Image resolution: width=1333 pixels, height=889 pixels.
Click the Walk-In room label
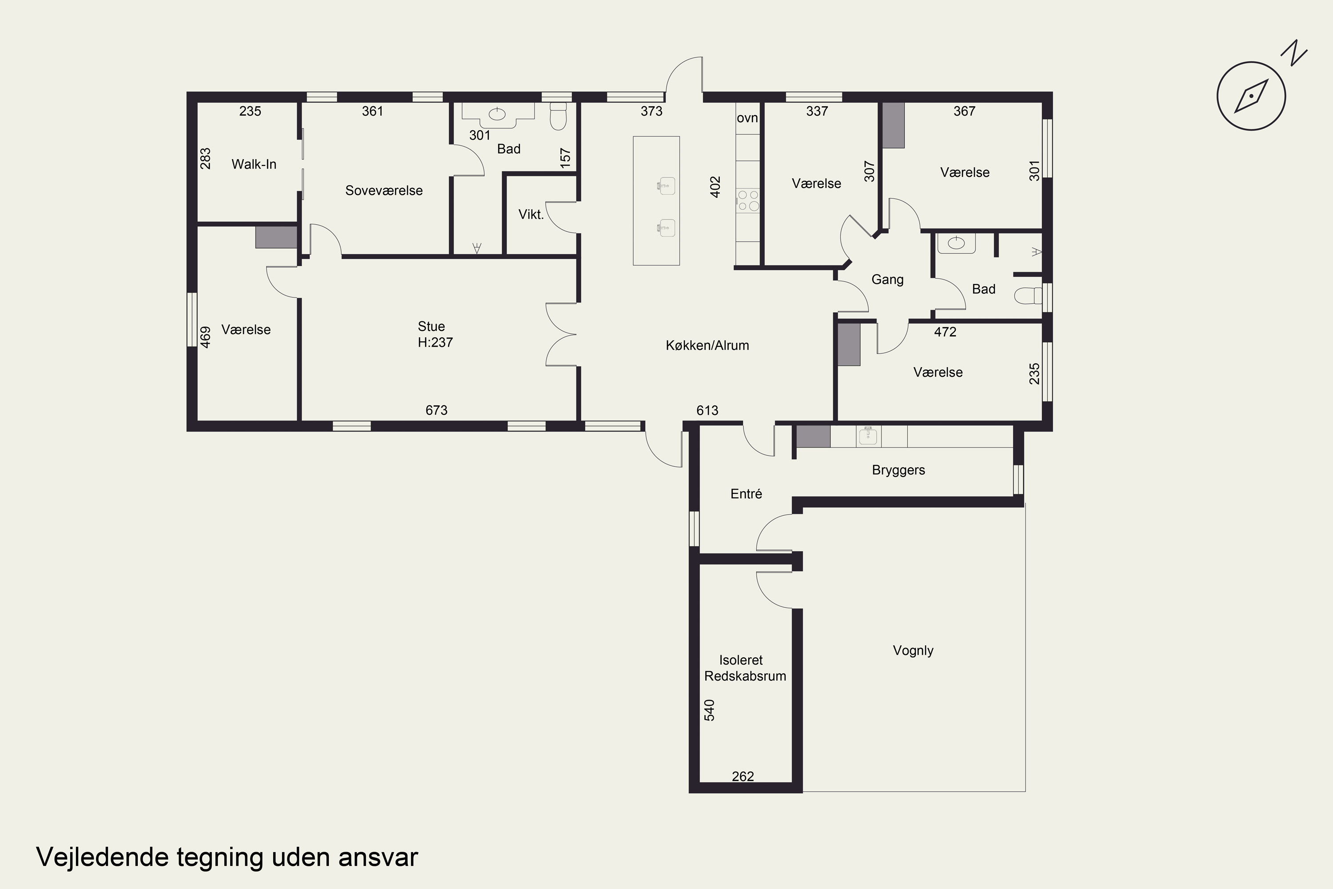pos(254,164)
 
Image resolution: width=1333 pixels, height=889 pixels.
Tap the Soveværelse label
pos(384,191)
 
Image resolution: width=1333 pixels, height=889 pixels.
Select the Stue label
pos(431,327)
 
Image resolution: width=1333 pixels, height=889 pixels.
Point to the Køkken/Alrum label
pos(707,345)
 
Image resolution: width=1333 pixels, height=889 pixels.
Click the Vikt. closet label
pos(531,214)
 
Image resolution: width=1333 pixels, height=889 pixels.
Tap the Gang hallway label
pos(887,280)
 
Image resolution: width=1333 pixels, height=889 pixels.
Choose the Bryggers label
pos(898,470)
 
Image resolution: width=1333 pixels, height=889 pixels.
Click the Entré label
pos(746,494)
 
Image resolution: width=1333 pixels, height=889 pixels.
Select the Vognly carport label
pos(913,650)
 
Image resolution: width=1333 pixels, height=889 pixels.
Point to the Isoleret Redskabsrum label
pos(745,668)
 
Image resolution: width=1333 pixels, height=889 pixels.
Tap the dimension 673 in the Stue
pos(436,410)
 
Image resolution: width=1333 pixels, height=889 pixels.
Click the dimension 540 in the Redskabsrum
pos(709,710)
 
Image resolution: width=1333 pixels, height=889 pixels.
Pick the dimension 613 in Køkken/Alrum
pos(707,410)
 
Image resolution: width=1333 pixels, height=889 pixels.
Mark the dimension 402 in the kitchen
pos(715,187)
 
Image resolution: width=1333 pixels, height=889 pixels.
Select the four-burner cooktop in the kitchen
pos(747,201)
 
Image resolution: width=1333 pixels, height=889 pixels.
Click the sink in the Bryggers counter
pos(868,436)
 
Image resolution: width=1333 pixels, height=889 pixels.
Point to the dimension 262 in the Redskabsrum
pos(743,776)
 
